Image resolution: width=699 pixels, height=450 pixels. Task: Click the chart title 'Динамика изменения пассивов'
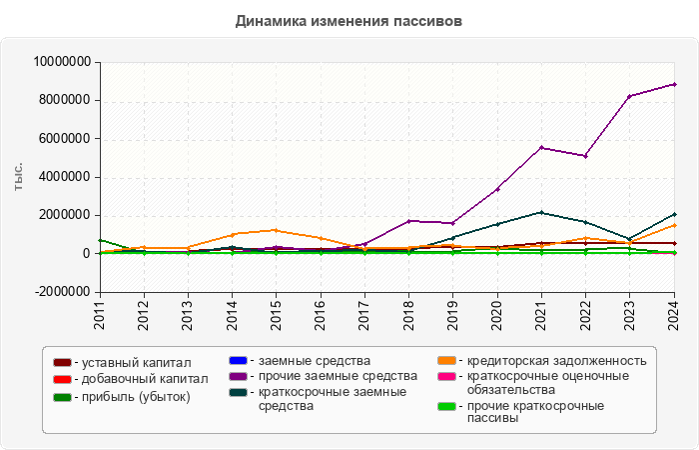[349, 21]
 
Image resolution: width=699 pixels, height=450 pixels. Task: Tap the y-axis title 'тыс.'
[19, 176]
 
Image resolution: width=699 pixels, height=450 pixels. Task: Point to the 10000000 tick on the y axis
[63, 62]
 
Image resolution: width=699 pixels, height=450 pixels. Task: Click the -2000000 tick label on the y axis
[63, 292]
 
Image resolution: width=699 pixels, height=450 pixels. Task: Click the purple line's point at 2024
[674, 84]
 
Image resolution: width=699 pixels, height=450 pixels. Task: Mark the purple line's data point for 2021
[541, 148]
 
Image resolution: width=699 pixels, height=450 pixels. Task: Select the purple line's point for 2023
[629, 96]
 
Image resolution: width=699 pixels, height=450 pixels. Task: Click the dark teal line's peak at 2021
[541, 212]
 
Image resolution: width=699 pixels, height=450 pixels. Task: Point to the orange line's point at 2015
[276, 230]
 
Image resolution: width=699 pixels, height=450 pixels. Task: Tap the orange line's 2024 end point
[674, 225]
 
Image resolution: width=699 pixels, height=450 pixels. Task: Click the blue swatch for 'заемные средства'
[239, 360]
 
